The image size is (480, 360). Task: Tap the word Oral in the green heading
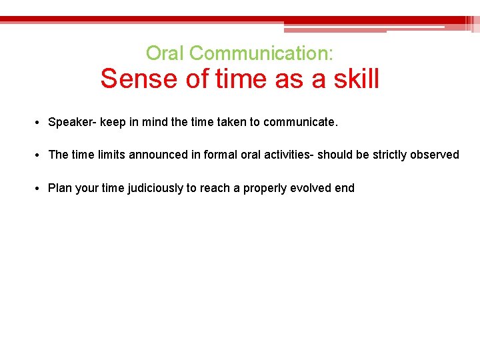[161, 53]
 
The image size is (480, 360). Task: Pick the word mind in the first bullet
[155, 123]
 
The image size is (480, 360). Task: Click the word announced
[160, 155]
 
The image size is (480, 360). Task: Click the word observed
[435, 155]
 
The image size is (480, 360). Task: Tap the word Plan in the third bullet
[60, 188]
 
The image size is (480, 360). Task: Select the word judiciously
[153, 188]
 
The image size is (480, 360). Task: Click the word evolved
[311, 188]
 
